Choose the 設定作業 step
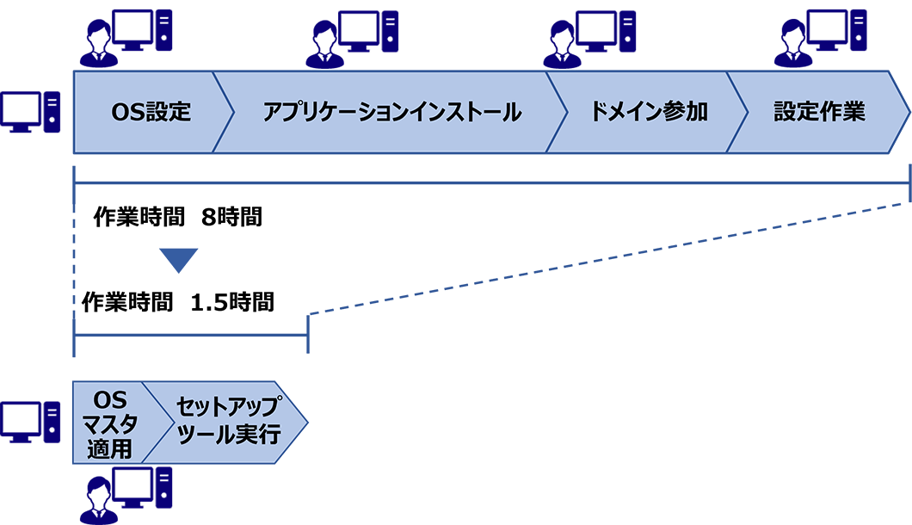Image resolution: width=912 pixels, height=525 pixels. (x=818, y=113)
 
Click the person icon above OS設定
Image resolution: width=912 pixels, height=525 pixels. (x=105, y=39)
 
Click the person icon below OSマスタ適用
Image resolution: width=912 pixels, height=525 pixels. (x=104, y=499)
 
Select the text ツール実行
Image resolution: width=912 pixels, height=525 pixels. (x=228, y=435)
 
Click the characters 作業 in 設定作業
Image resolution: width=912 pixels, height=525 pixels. (x=842, y=113)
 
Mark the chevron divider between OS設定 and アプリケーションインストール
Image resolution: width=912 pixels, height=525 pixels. (x=223, y=113)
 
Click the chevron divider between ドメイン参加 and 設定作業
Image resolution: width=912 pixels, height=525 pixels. (x=737, y=113)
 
